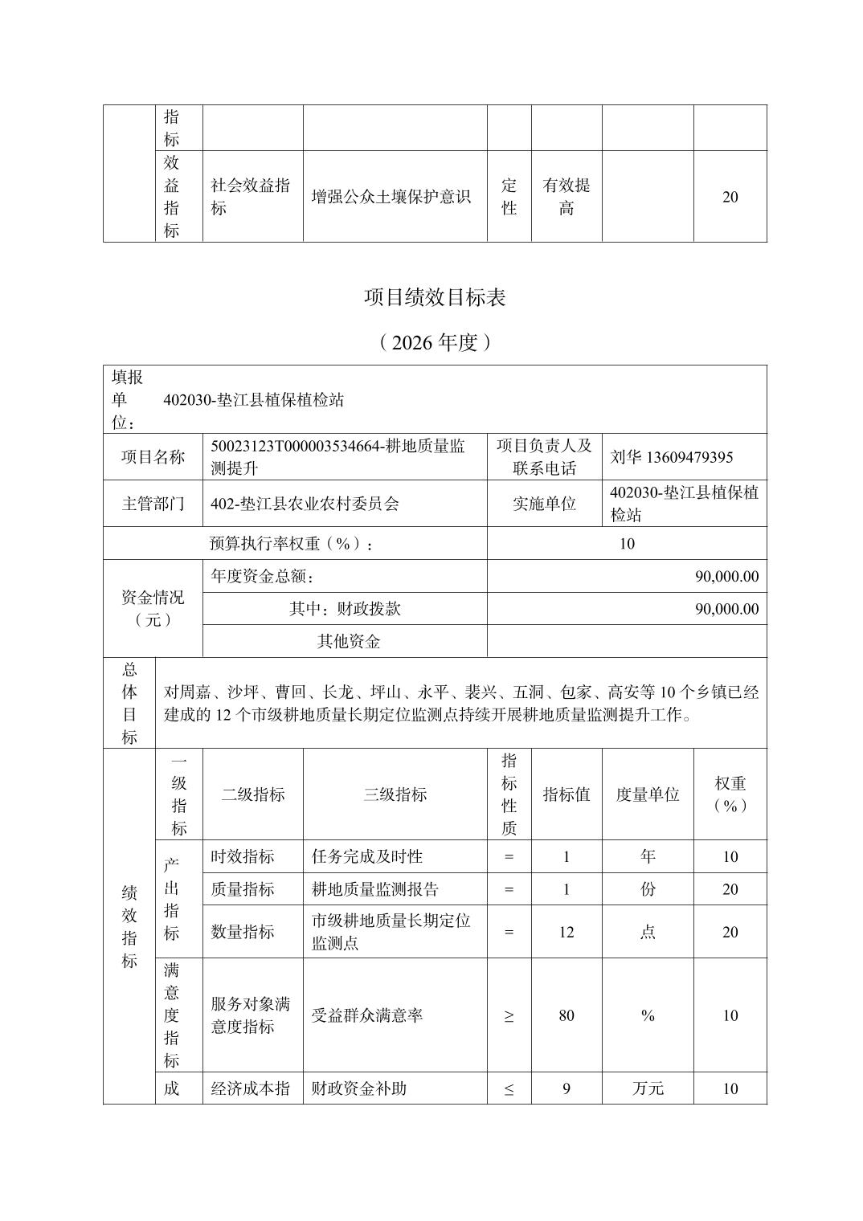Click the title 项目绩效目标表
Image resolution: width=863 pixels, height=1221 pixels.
click(x=435, y=298)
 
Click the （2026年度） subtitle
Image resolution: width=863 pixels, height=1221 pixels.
click(x=435, y=343)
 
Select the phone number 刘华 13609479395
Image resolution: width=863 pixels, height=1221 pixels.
click(x=671, y=457)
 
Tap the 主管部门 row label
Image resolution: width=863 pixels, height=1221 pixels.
click(x=153, y=504)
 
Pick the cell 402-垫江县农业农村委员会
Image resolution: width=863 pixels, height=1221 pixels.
click(x=305, y=504)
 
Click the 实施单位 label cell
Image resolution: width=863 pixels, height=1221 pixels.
click(x=544, y=504)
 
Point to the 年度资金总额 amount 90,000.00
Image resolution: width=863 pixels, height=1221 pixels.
click(x=726, y=576)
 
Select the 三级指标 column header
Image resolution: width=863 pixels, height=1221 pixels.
click(x=395, y=794)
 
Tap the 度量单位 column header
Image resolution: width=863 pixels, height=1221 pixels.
click(x=647, y=794)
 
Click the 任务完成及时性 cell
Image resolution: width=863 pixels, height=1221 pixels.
click(x=367, y=856)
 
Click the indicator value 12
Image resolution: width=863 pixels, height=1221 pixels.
click(x=566, y=932)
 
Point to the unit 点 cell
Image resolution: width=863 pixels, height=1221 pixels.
click(x=647, y=932)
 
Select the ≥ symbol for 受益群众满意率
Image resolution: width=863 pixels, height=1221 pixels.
click(x=509, y=1016)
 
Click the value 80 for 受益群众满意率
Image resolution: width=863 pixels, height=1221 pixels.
click(x=566, y=1015)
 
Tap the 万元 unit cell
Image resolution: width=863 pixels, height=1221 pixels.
click(x=647, y=1088)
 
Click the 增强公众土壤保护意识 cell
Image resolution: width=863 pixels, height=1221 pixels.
click(x=391, y=197)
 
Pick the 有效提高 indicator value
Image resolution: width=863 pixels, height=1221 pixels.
click(x=566, y=197)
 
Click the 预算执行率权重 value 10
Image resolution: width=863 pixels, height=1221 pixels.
click(x=627, y=544)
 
